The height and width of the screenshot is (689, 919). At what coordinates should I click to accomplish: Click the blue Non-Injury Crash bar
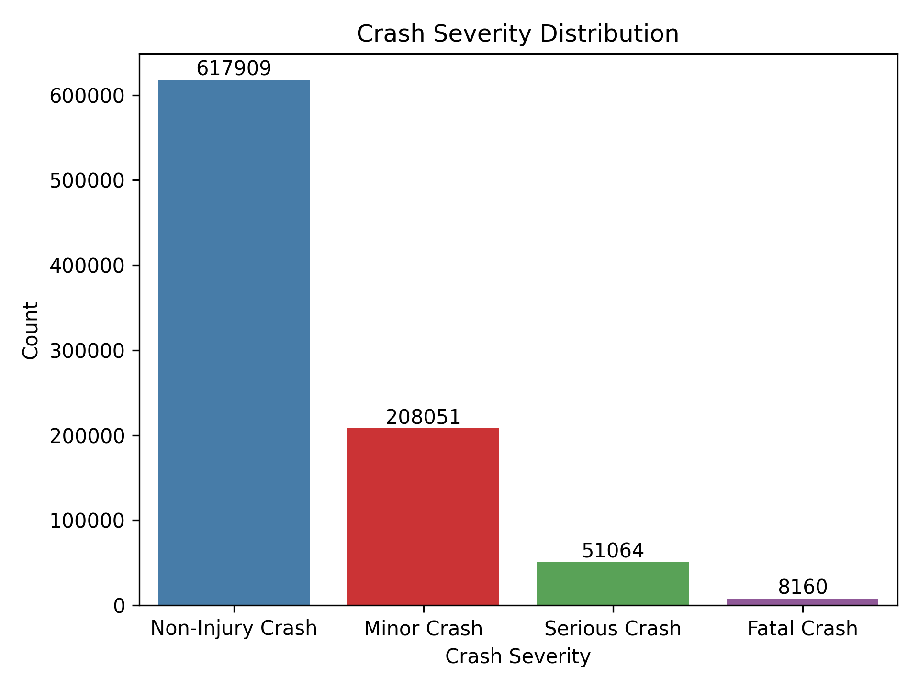[x=234, y=342]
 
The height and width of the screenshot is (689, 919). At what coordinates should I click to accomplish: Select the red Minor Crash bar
[x=423, y=516]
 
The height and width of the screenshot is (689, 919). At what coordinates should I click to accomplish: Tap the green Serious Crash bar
[x=613, y=583]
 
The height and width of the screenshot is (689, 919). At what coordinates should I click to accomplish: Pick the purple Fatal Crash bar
[x=802, y=602]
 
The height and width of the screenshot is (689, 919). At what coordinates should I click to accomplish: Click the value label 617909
[x=234, y=69]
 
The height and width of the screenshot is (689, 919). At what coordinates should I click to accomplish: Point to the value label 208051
[x=423, y=418]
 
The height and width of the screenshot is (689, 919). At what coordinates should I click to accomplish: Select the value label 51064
[x=613, y=551]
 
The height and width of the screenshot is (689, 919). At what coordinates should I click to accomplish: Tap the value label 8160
[x=802, y=588]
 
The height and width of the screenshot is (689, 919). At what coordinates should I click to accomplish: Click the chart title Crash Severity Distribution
[x=518, y=34]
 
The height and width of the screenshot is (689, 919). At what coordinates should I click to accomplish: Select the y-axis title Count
[x=31, y=330]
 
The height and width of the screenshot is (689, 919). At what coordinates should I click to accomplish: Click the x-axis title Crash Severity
[x=518, y=656]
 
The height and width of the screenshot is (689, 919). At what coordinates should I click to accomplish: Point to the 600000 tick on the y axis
[x=88, y=96]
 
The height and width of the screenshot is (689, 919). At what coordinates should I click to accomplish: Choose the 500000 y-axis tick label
[x=88, y=180]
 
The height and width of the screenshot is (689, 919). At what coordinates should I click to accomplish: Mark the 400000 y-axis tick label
[x=88, y=266]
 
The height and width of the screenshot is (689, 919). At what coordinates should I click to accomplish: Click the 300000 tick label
[x=88, y=351]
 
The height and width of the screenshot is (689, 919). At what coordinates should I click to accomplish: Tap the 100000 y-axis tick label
[x=88, y=521]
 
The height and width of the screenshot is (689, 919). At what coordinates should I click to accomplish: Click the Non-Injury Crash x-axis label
[x=234, y=628]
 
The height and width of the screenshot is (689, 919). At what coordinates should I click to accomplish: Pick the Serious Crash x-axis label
[x=613, y=628]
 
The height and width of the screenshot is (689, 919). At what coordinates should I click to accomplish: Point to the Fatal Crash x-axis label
[x=802, y=628]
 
